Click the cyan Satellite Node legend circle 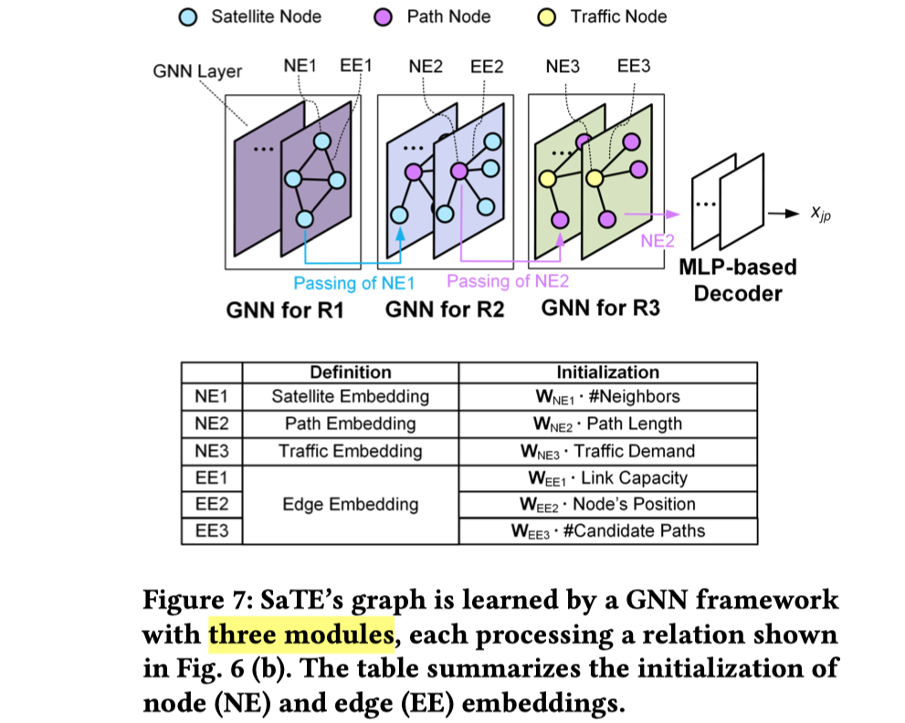click(188, 16)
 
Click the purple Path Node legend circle click(387, 16)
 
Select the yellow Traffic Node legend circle click(548, 16)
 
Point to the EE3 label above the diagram click(634, 66)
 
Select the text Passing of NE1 click(353, 283)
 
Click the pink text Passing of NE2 click(508, 281)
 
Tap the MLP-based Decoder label click(738, 280)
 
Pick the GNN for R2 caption click(445, 309)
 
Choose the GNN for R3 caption click(600, 308)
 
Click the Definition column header click(350, 372)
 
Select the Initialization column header click(607, 372)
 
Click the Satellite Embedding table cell click(350, 397)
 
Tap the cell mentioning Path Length click(607, 424)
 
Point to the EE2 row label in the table click(212, 504)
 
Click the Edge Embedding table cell click(350, 504)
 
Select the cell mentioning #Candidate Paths click(607, 530)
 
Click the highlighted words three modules click(301, 633)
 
